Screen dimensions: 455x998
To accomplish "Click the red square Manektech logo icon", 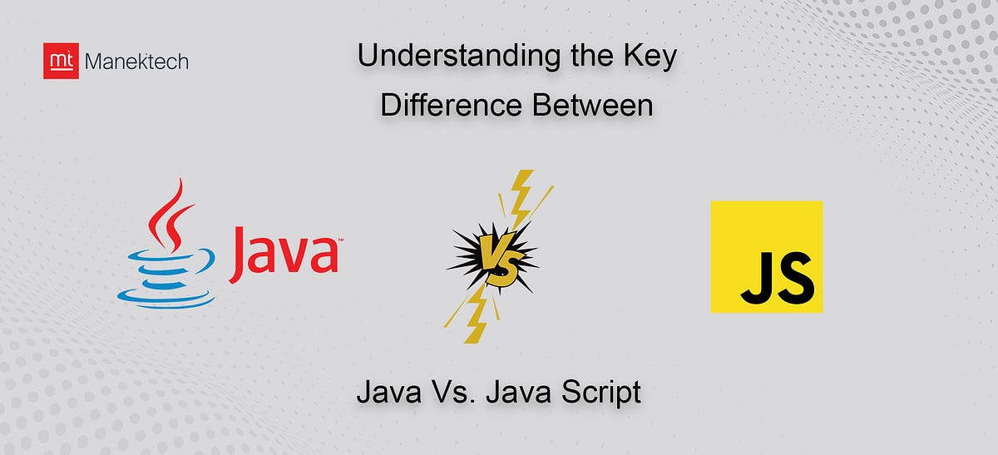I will tap(61, 61).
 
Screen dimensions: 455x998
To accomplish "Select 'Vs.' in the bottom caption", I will tap(451, 392).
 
